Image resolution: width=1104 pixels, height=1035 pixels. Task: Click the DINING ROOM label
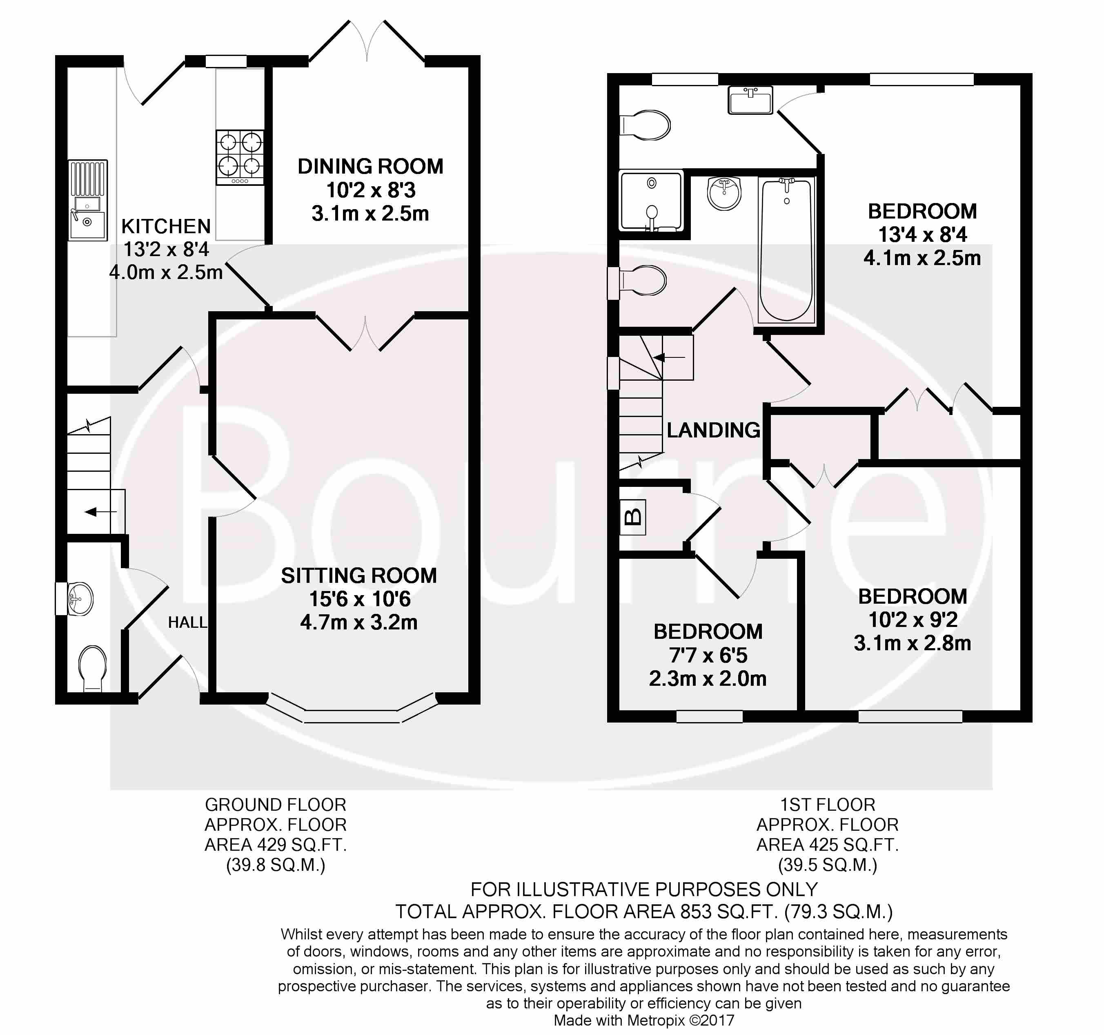[370, 167]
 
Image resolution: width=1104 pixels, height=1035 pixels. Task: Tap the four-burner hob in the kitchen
[240, 157]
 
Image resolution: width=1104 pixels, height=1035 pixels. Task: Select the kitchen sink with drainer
[88, 200]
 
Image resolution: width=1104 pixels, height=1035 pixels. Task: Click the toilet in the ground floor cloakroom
[93, 668]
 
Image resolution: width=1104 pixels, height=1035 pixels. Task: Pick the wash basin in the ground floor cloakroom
[80, 599]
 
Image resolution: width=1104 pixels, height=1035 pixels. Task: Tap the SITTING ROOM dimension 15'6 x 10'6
[359, 599]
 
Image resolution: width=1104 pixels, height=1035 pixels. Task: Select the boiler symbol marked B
[632, 517]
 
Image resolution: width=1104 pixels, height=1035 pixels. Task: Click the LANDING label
[713, 430]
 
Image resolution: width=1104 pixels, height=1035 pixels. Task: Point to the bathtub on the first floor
[786, 250]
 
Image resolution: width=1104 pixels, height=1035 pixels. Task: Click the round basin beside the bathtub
[724, 193]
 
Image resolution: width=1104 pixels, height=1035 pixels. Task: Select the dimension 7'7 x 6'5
[708, 656]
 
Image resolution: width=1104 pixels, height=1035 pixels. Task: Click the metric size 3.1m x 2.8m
[913, 643]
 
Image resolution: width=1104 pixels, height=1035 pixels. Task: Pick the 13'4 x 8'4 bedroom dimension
[922, 234]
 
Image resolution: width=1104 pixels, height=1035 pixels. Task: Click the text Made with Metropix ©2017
[643, 1020]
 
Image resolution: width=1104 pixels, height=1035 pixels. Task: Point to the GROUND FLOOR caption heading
[276, 805]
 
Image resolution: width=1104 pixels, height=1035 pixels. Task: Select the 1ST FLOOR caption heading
[828, 805]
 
